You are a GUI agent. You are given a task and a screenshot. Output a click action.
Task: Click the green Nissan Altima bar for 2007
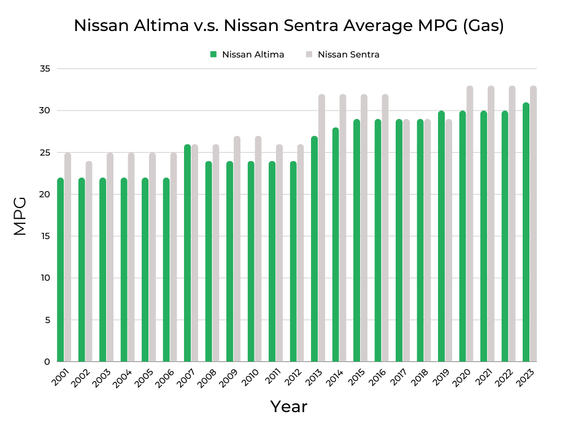coord(187,254)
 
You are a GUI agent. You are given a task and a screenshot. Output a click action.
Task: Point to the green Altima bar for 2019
coord(441,237)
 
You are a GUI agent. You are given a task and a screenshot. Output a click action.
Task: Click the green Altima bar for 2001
coord(60,271)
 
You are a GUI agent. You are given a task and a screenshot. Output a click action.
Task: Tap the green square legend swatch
coord(213,55)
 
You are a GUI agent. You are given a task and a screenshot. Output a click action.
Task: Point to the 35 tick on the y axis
coord(45,69)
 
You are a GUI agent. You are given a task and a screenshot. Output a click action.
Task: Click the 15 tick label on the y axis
coord(45,236)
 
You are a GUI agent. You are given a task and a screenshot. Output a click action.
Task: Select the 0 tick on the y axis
coord(47,362)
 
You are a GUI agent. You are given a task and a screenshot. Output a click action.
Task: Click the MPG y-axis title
coord(20,215)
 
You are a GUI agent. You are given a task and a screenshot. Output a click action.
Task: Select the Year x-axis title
coord(288,407)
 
